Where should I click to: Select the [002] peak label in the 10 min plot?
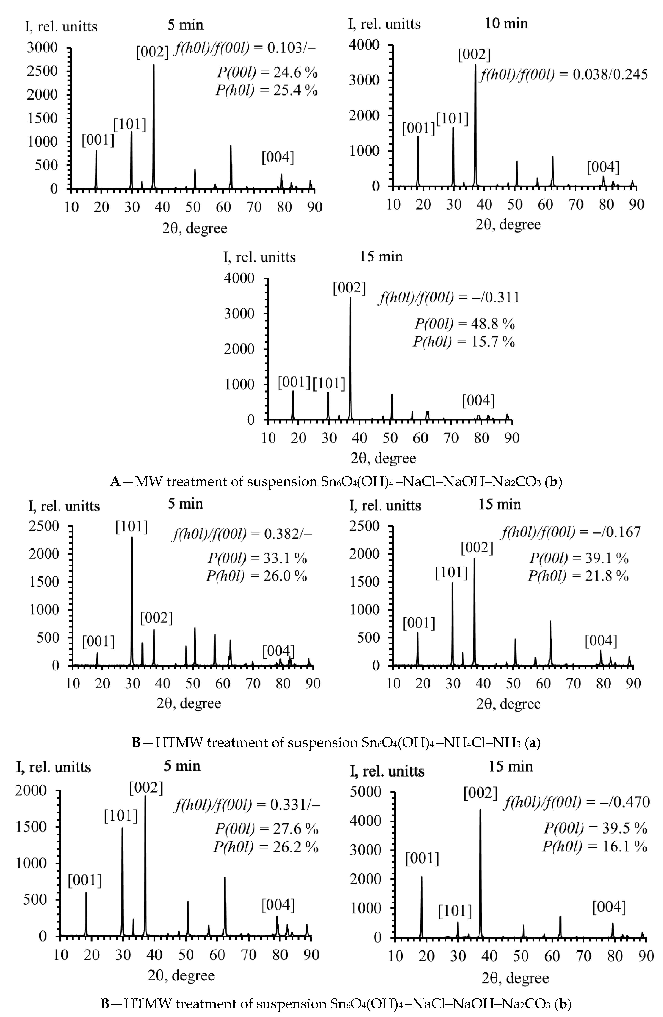[x=474, y=55]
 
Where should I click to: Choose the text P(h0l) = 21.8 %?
[x=578, y=576]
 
